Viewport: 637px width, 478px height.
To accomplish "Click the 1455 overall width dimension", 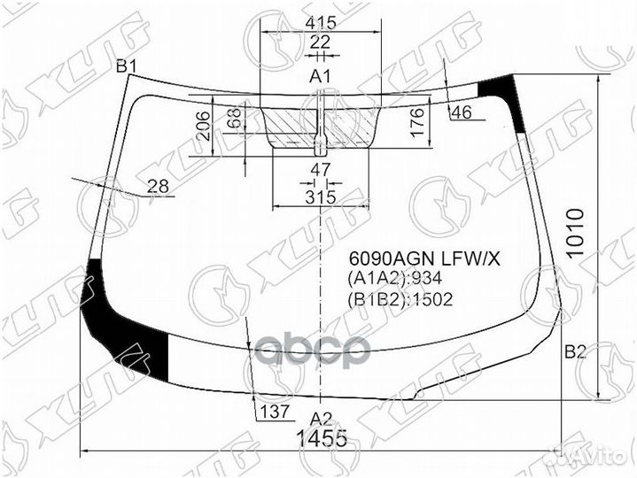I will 321,437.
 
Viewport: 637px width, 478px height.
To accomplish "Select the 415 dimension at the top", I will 320,21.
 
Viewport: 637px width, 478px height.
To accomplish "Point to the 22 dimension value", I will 320,42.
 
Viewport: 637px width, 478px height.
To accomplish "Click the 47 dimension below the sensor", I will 320,169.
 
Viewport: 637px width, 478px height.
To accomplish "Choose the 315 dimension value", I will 320,197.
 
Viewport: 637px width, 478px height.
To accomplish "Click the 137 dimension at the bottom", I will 274,412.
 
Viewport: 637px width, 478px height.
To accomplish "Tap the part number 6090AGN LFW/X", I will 423,259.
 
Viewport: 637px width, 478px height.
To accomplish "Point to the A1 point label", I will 320,77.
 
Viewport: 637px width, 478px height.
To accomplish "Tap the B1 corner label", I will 127,66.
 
